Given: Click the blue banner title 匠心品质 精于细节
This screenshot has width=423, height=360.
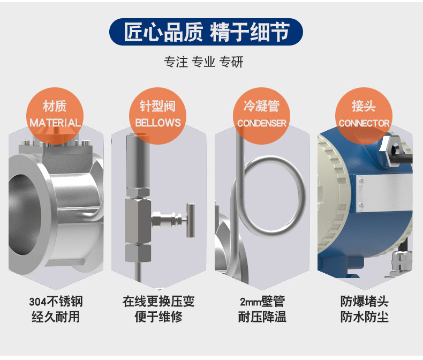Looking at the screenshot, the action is coord(206,32).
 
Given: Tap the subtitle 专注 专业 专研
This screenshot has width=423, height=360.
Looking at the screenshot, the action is coord(203,62).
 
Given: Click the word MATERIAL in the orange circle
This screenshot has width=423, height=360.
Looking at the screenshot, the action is coord(55,123).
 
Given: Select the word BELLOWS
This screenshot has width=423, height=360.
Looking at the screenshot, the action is coord(158,123).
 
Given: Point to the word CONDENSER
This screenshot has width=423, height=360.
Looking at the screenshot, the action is coord(262,123).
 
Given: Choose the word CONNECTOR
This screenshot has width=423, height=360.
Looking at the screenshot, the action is coord(364,123).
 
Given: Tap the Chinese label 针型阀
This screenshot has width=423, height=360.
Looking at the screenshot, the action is coord(157,106).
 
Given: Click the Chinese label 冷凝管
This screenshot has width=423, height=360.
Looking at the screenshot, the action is coord(261,106).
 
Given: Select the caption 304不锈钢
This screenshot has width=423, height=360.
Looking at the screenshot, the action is coord(56,302).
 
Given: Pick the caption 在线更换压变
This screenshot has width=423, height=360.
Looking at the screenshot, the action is coord(158,302).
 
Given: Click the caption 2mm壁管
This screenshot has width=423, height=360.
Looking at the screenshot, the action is coord(262,302).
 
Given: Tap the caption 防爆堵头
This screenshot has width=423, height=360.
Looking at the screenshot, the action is coord(365,302).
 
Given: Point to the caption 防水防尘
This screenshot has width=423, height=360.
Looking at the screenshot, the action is coord(365,317).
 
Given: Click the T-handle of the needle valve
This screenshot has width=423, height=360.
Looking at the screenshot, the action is coord(191,220).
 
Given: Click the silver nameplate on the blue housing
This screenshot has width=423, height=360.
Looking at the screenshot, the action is coord(384,193).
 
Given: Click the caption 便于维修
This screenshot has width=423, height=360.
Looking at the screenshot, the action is coord(158,317).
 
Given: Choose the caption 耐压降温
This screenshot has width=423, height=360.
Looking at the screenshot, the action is coord(262,317).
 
